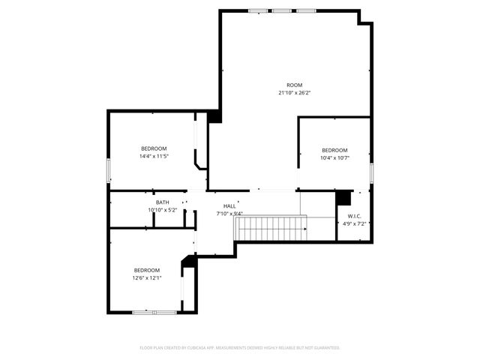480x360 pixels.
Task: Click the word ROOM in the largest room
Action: tap(295, 85)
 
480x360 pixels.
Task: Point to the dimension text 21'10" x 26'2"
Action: tap(295, 93)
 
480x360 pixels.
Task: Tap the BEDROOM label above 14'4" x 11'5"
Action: tap(154, 148)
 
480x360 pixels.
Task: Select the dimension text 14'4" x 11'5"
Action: tap(154, 157)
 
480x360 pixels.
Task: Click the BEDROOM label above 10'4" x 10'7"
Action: tap(334, 150)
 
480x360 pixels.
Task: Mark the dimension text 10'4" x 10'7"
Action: tap(334, 158)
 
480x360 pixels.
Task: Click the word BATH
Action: tap(163, 202)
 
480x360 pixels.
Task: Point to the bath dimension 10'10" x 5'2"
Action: tap(163, 210)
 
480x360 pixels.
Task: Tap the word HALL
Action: tap(229, 206)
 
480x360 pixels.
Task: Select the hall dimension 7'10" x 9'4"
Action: tap(229, 214)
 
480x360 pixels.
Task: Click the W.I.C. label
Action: tap(353, 216)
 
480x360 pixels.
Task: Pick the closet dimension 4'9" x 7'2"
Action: tap(353, 223)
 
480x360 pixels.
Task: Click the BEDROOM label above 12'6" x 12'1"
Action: tap(147, 270)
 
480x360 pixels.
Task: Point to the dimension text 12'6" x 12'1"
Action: tap(147, 278)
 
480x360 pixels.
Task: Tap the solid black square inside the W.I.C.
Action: tap(343, 197)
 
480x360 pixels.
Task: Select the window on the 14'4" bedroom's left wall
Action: tap(109, 170)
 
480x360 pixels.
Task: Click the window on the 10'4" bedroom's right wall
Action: tap(371, 172)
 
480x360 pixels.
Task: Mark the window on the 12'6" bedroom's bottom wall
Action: tap(154, 311)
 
